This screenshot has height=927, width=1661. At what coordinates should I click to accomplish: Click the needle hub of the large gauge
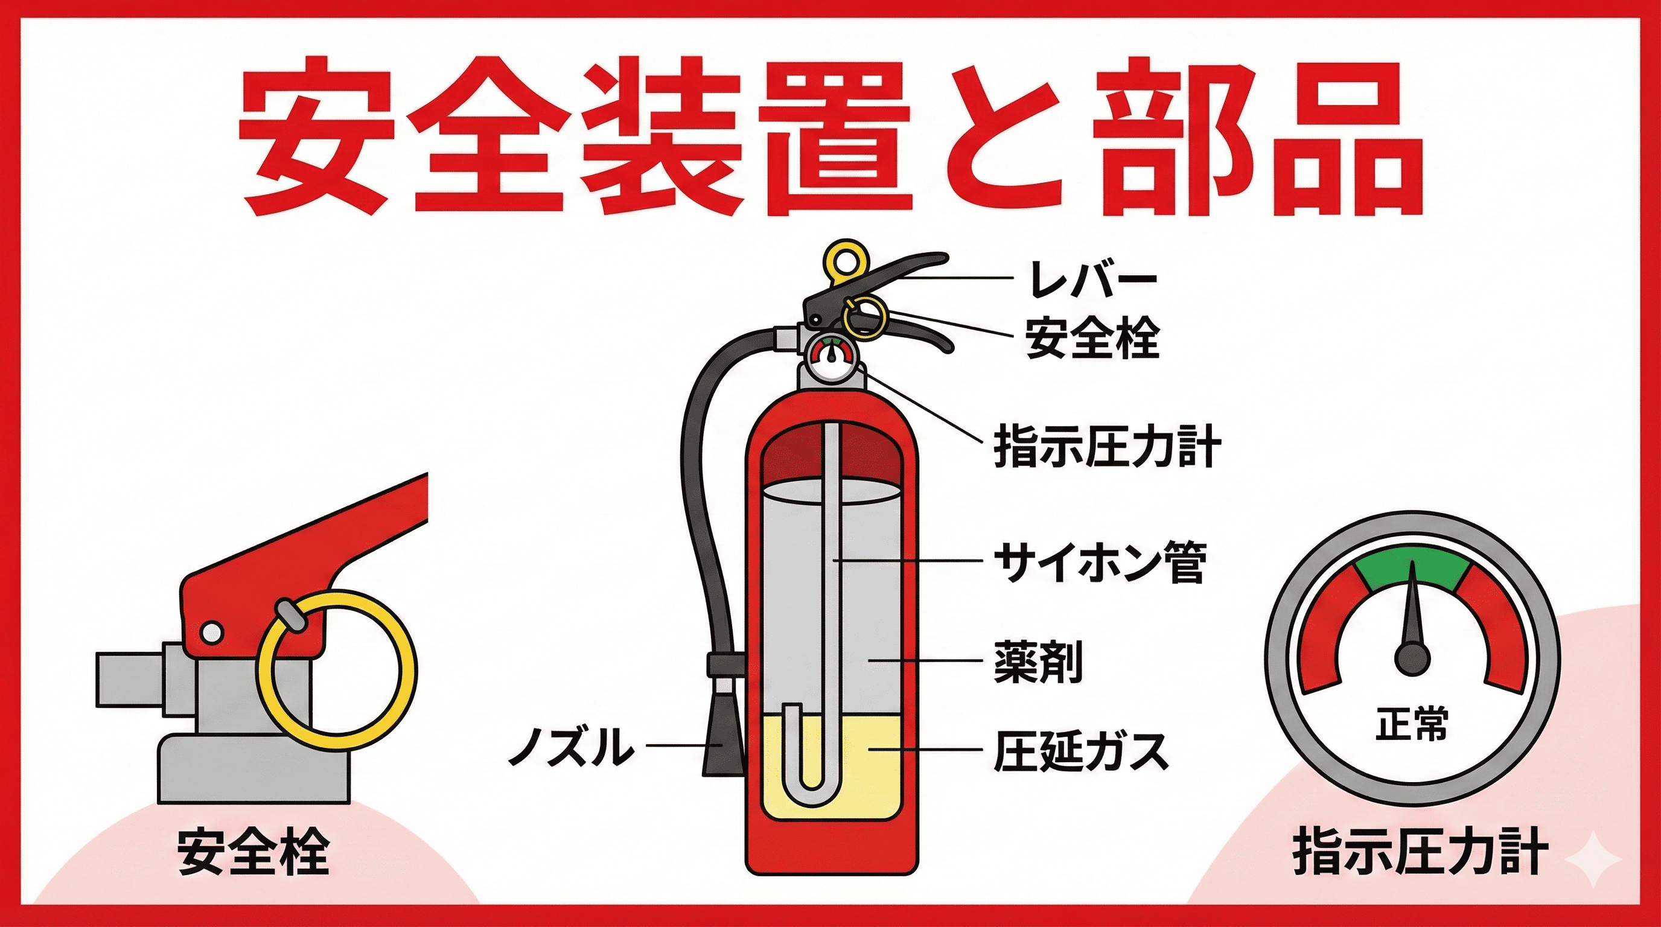(1413, 659)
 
